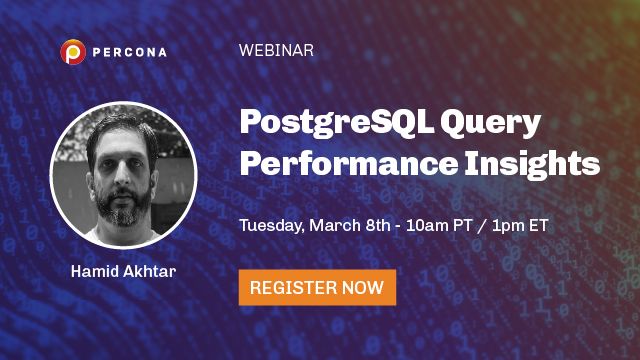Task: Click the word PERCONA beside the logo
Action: click(128, 50)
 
